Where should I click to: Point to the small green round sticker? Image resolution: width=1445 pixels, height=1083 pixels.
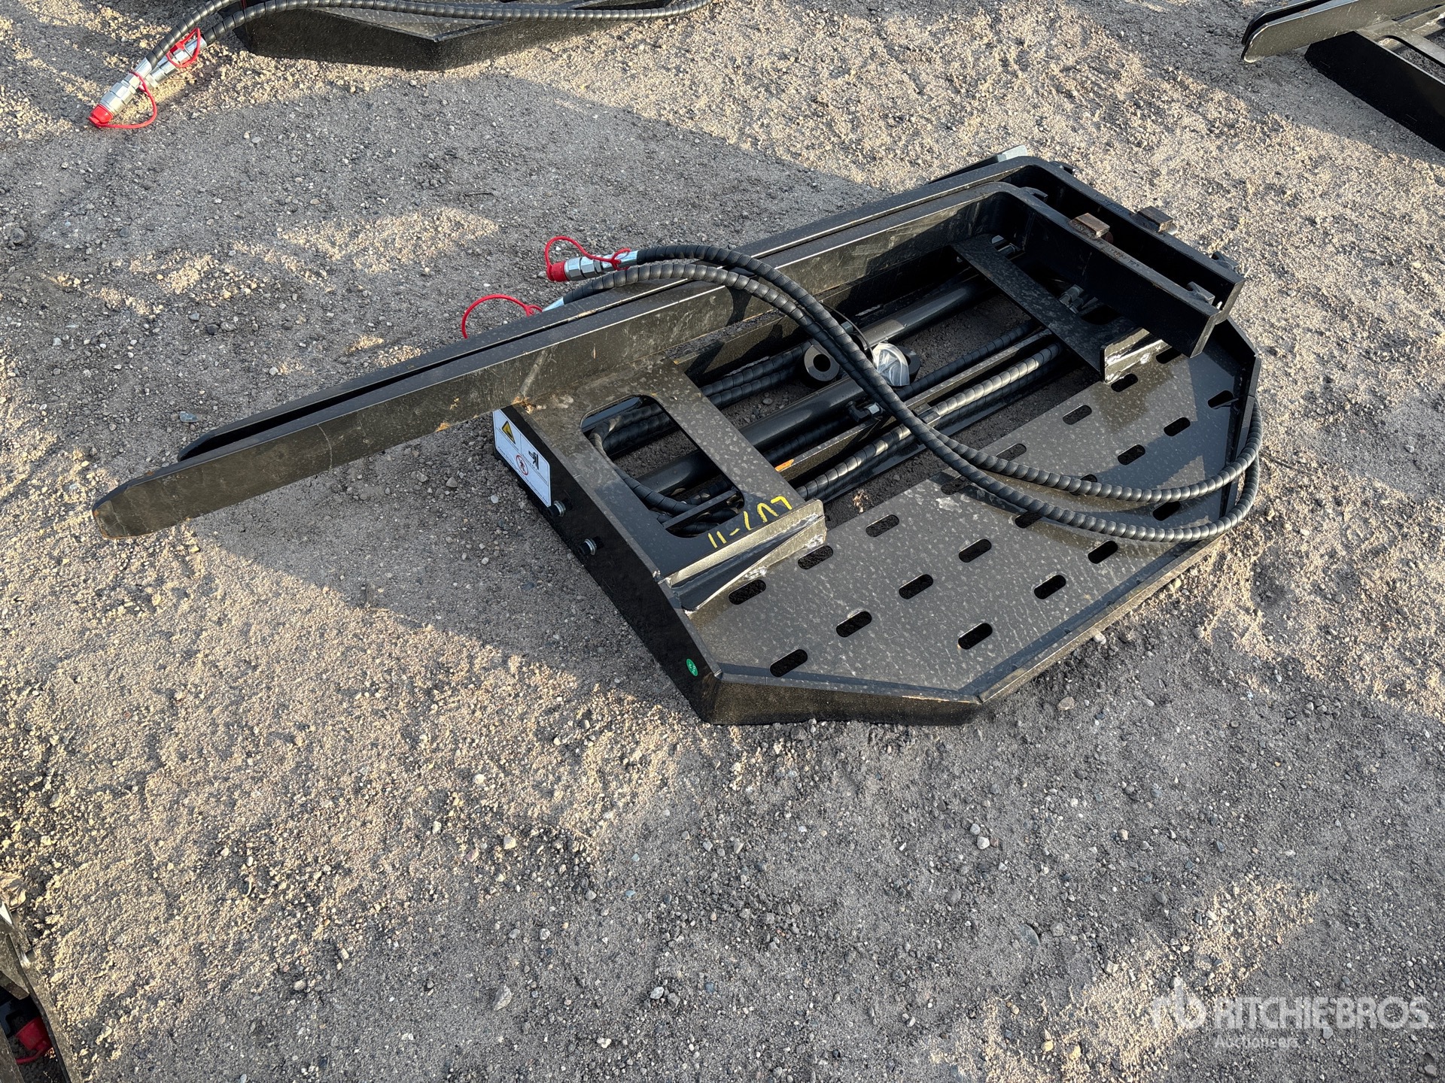point(686,665)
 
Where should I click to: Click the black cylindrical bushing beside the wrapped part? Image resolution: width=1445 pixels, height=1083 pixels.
point(820,366)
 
